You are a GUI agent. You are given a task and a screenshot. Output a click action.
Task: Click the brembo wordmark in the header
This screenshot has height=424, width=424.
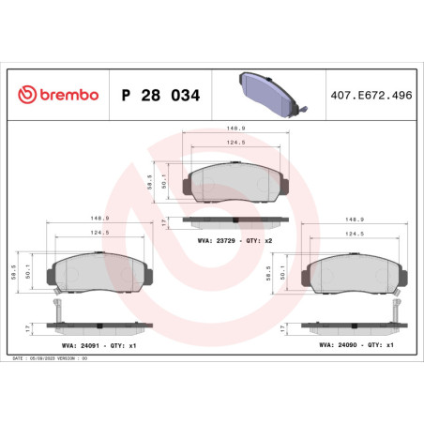coord(66,96)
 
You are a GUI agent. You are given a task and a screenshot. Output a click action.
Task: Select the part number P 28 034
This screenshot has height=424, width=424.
coord(159,96)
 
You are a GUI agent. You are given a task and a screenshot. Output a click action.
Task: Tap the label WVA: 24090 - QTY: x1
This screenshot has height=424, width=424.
coord(348,345)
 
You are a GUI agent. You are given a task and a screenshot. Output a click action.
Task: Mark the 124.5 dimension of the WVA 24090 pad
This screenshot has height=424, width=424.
coord(354,235)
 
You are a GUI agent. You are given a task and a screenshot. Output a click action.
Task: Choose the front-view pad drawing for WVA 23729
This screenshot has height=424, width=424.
coord(235,182)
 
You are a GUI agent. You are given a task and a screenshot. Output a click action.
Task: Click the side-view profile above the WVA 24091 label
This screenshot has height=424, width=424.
coord(97,326)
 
